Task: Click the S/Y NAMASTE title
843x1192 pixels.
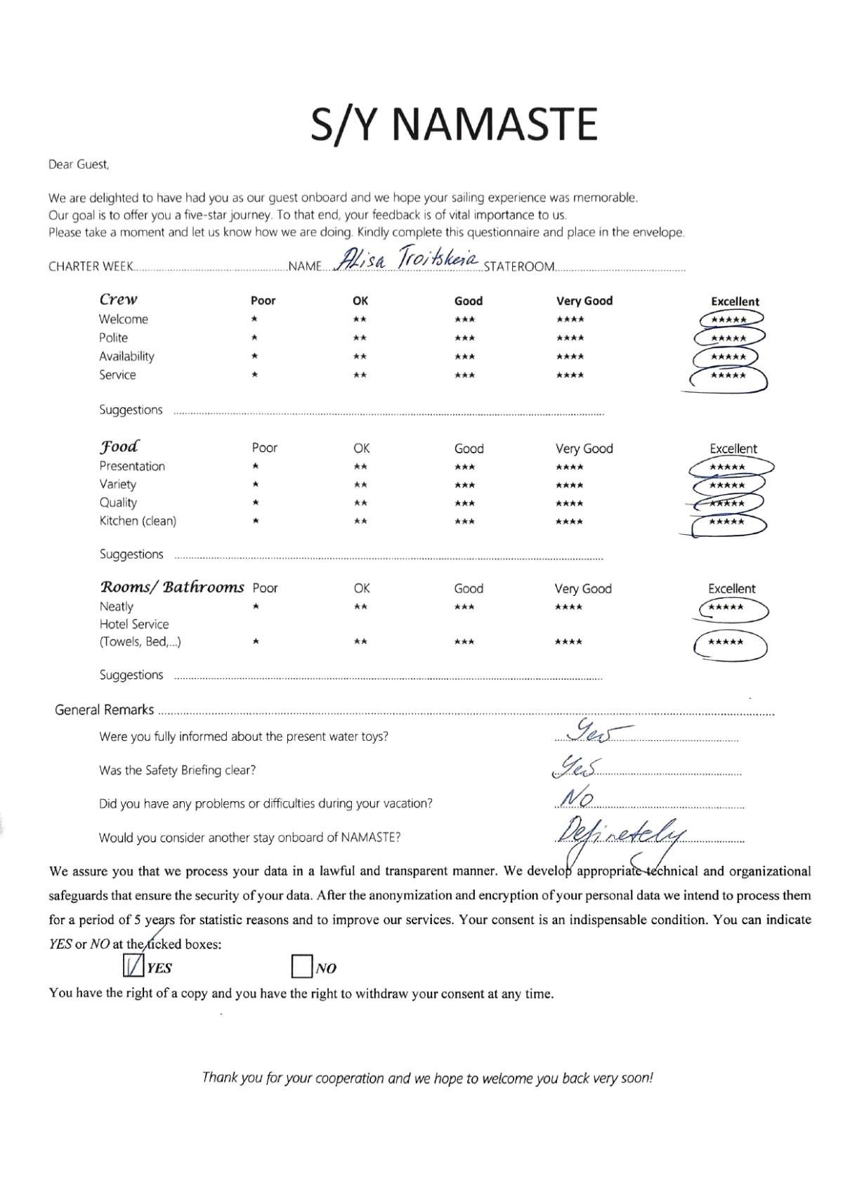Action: [x=455, y=125]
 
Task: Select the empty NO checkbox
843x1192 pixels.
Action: [x=301, y=967]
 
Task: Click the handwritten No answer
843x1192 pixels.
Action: [x=578, y=799]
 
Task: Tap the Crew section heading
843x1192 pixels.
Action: [x=118, y=299]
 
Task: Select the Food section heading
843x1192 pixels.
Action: [x=119, y=447]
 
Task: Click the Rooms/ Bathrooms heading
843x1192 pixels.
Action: [x=171, y=587]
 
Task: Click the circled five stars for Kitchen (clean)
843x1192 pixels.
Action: [x=727, y=522]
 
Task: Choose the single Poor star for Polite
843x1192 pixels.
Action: [x=254, y=338]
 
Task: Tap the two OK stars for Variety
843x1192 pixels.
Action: [x=360, y=485]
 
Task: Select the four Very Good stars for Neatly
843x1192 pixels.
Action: [x=568, y=607]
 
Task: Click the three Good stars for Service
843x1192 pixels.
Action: [x=464, y=375]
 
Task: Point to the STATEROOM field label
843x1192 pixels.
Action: [x=519, y=267]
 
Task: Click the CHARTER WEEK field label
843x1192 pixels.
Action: [x=91, y=267]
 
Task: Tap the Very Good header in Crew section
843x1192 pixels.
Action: [x=584, y=301]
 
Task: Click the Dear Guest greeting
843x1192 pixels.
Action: [x=79, y=165]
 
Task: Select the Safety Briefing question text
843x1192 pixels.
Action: [x=177, y=770]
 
